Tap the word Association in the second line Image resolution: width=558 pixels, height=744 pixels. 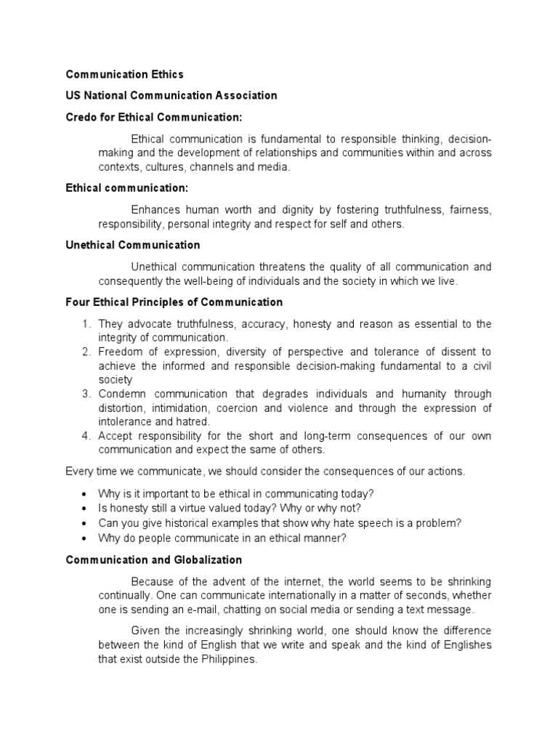tap(243, 95)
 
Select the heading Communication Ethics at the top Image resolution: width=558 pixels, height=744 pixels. tap(124, 74)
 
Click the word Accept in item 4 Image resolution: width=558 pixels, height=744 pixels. tap(116, 435)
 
